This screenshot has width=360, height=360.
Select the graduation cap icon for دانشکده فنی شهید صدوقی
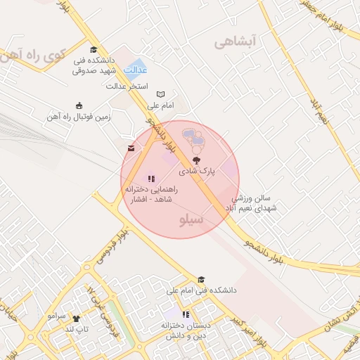pos(94,49)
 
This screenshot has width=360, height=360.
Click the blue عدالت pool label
pos(136,70)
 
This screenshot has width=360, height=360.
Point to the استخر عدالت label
pos(127,86)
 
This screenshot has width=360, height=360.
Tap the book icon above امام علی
pos(160,94)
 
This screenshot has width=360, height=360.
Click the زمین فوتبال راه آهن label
pos(81,116)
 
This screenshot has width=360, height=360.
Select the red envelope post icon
pos(131,148)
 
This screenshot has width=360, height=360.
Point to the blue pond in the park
pos(194,139)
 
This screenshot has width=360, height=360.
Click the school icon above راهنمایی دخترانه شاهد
pos(151,179)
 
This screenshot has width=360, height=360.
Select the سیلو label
pos(192,220)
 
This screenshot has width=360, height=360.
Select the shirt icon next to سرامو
pos(76,318)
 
